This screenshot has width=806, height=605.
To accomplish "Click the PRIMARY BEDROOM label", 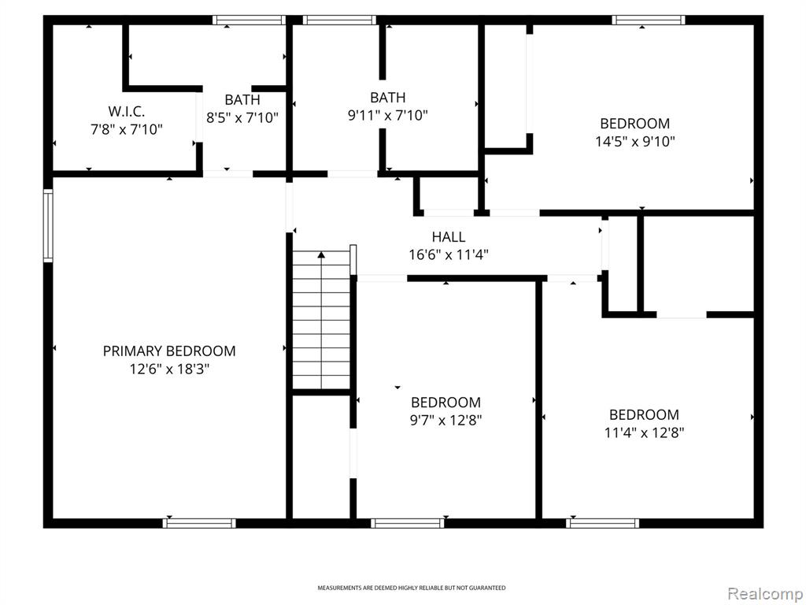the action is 169,351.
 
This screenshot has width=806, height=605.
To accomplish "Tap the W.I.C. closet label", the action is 127,111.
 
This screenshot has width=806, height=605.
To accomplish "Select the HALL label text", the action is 448,236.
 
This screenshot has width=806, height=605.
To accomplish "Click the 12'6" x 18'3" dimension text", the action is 169,369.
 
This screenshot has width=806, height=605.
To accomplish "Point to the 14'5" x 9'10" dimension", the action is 635,142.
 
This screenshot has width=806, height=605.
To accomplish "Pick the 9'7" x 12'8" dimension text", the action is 446,421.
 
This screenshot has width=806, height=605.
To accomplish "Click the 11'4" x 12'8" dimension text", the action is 644,432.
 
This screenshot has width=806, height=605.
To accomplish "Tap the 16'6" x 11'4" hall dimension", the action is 448,254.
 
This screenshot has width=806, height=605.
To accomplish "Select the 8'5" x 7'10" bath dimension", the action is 242,118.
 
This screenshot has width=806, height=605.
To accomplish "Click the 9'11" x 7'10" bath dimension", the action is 387,115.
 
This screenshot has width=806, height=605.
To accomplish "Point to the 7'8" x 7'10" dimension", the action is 127,129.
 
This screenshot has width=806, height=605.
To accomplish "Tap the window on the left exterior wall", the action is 48,225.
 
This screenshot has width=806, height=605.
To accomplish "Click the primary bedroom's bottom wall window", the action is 199,523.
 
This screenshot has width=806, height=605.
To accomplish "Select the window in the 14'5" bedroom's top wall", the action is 649,20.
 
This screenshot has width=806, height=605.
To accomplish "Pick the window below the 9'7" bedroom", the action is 408,523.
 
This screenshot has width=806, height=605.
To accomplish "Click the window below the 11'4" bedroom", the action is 603,523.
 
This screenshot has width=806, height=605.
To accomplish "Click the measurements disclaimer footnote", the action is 411,588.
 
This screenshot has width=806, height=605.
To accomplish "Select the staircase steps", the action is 321,320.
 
